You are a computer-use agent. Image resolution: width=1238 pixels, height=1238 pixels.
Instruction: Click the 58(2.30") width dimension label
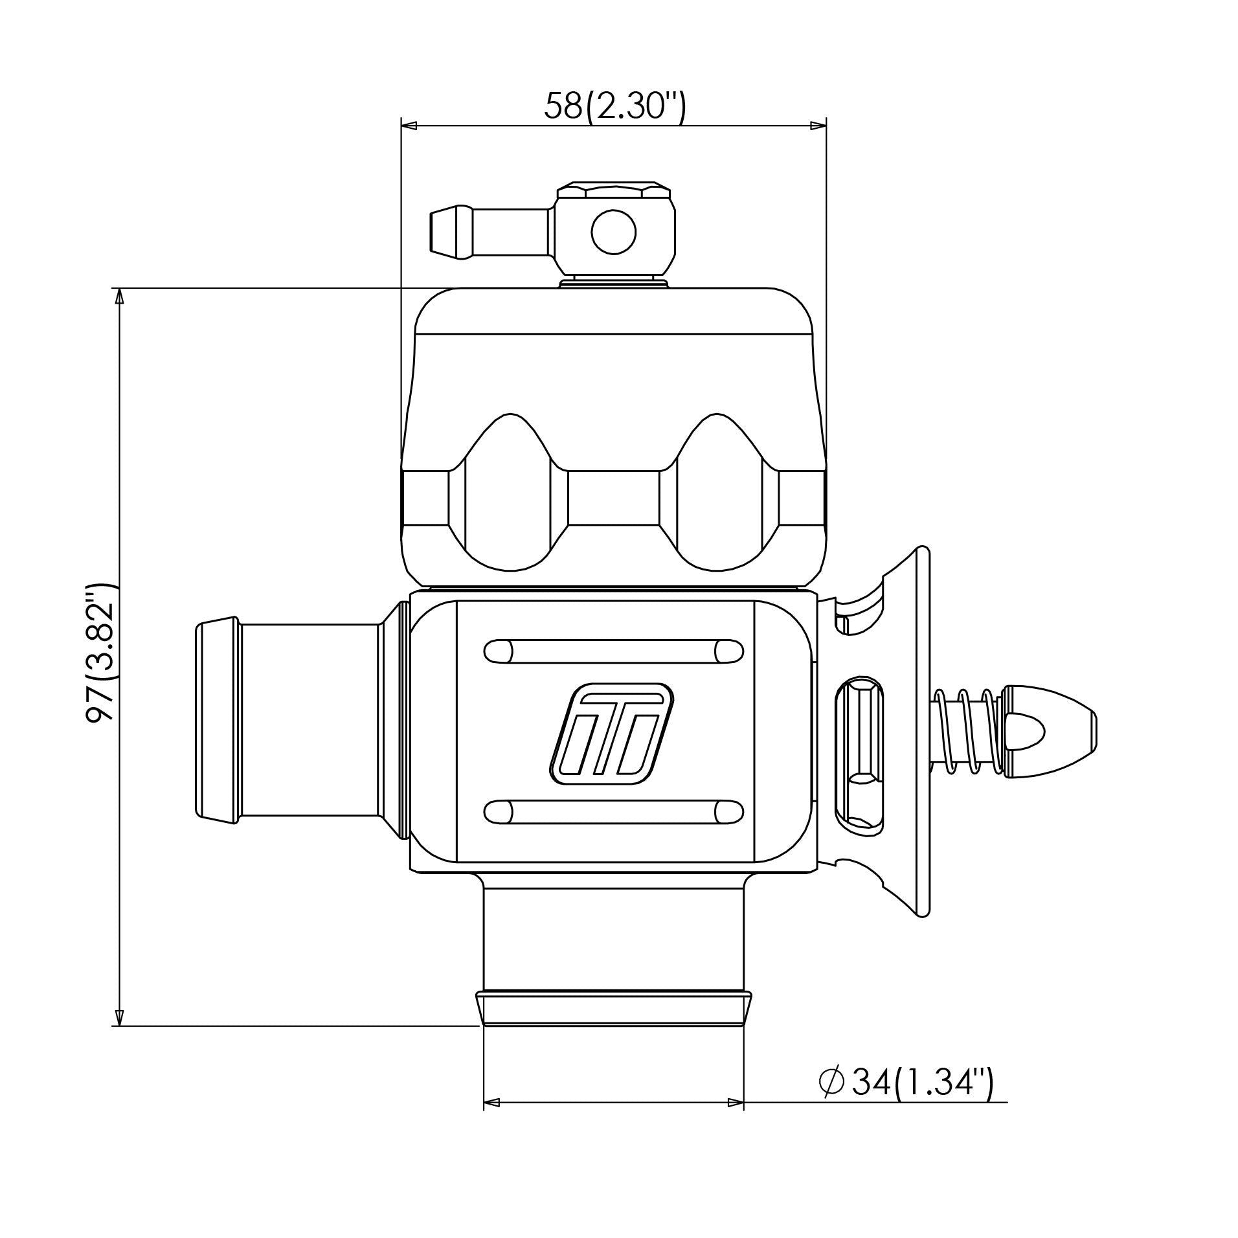[x=613, y=106]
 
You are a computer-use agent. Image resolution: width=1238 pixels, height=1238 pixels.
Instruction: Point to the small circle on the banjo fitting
[x=613, y=231]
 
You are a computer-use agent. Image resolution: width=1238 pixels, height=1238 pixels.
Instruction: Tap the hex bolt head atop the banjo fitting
[x=613, y=192]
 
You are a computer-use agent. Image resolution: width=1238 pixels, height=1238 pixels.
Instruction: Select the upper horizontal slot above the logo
[x=613, y=651]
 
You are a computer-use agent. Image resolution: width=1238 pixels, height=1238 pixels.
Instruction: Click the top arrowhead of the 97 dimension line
[x=118, y=297]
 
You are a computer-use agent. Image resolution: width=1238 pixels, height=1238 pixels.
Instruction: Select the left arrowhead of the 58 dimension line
[x=410, y=125]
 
